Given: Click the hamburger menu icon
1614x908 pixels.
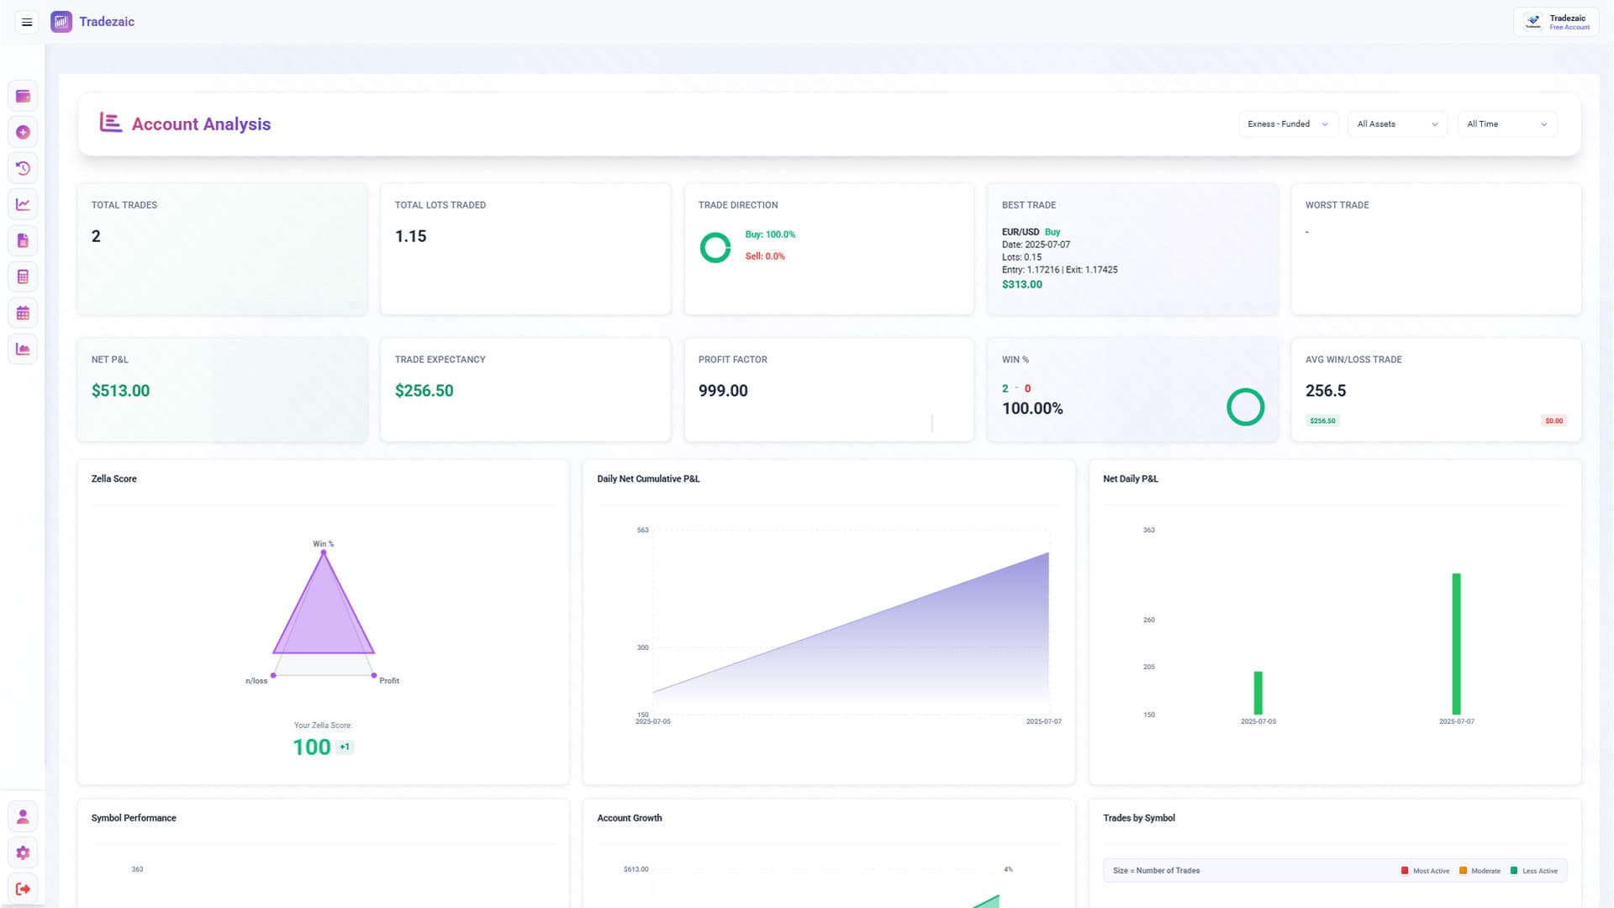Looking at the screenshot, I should [x=27, y=22].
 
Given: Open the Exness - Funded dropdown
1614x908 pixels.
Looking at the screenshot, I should [x=1287, y=124].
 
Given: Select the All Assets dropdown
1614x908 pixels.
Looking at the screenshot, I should [x=1396, y=124].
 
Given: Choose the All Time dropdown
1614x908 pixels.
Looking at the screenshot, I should [x=1506, y=124].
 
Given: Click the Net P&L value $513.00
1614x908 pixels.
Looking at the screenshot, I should [x=120, y=391].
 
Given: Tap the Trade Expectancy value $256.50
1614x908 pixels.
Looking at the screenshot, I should [x=424, y=391].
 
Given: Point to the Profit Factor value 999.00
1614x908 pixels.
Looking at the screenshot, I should [x=723, y=391].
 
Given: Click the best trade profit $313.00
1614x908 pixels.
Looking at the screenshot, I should [x=1021, y=285].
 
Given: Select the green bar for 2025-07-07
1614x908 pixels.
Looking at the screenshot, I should [x=1456, y=643].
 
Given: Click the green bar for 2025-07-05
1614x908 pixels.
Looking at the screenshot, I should [x=1258, y=693].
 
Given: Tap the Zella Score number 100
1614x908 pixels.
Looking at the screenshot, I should [x=311, y=747].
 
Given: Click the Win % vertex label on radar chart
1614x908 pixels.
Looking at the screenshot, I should [x=324, y=544].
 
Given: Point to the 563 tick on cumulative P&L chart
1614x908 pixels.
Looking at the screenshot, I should [x=643, y=531].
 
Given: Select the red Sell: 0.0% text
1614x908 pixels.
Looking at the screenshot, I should [x=764, y=256].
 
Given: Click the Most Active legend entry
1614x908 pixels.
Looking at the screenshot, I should [x=1426, y=871].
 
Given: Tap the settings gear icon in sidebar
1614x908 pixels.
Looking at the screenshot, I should [x=23, y=853].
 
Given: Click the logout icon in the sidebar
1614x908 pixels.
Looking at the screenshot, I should [x=23, y=889].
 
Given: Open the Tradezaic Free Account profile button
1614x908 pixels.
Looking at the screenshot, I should [x=1556, y=22].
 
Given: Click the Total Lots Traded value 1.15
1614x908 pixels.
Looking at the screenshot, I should [x=410, y=237].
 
